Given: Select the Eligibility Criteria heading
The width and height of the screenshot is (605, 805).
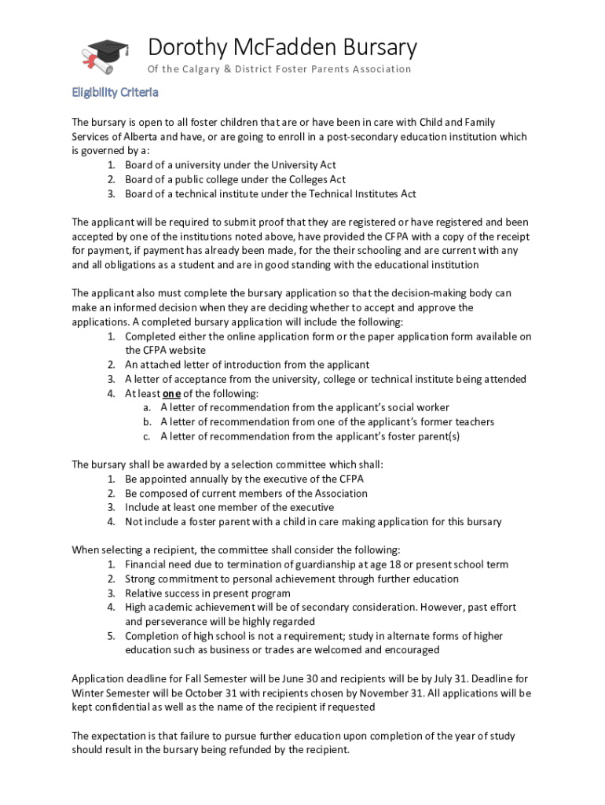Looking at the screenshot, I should [x=115, y=93].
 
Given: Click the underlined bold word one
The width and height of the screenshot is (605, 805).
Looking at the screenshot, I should [x=170, y=393].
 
